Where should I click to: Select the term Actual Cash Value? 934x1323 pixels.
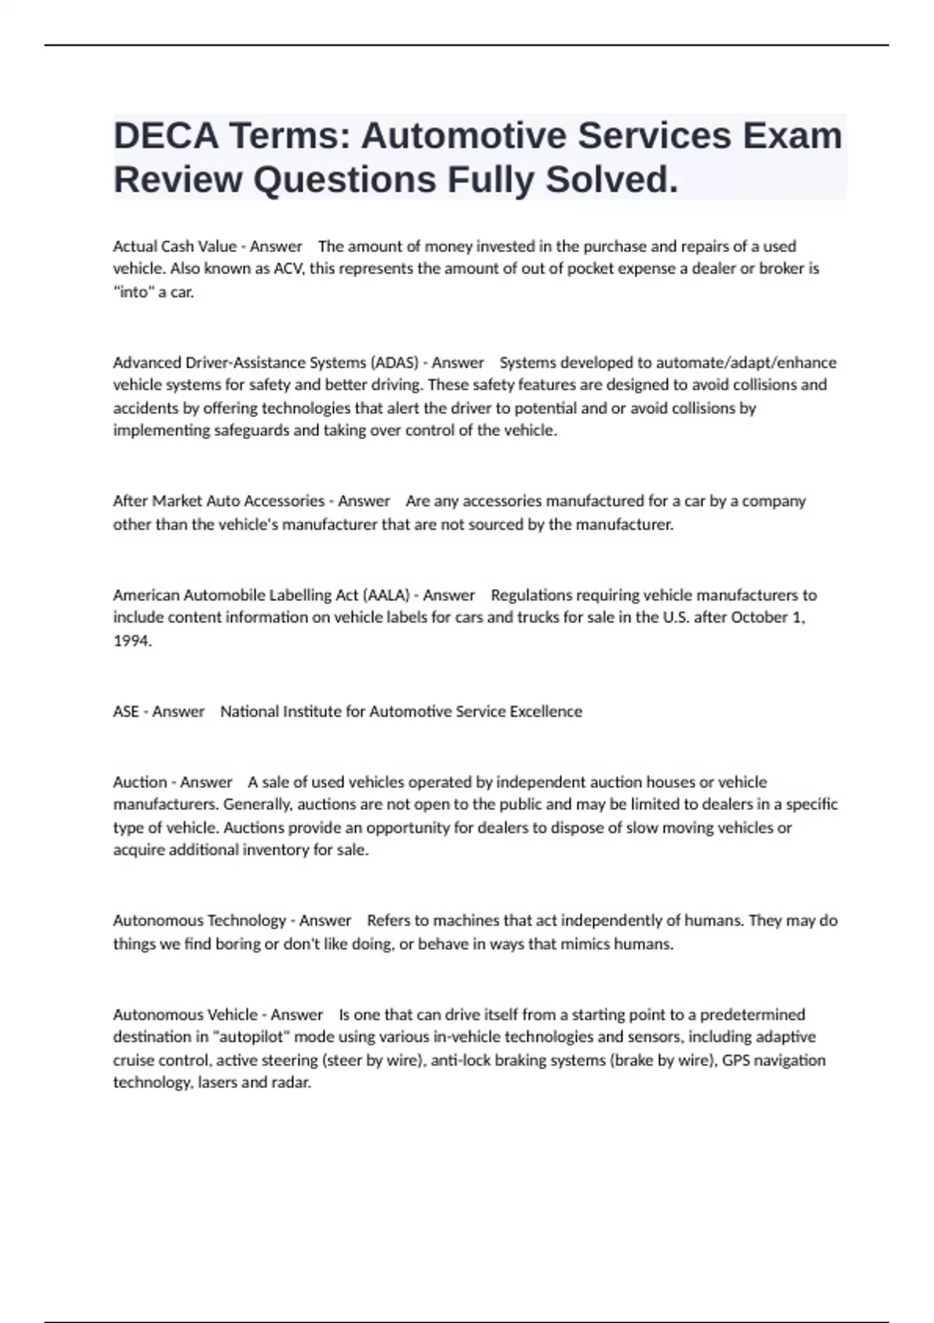pos(174,247)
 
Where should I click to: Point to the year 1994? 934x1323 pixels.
pos(132,641)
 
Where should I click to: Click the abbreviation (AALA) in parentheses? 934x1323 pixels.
pos(385,595)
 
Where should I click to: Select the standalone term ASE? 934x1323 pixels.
pos(126,711)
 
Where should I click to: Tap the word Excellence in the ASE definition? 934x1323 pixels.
pos(546,711)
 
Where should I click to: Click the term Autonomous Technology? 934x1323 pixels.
pos(199,921)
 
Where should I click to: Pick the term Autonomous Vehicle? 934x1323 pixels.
pos(185,1015)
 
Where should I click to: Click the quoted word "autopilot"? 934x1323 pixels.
pos(251,1037)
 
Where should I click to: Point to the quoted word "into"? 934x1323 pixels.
pos(133,293)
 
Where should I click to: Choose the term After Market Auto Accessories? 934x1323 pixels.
pos(219,501)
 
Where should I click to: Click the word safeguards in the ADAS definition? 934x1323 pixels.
pos(252,430)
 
